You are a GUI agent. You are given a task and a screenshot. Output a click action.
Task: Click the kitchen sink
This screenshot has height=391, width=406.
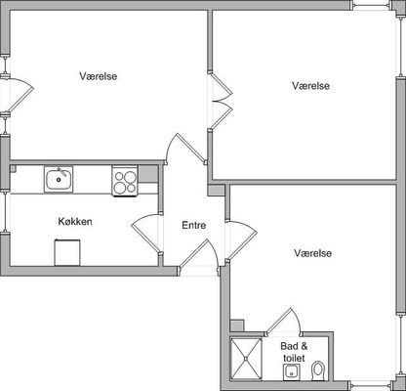click(x=59, y=179)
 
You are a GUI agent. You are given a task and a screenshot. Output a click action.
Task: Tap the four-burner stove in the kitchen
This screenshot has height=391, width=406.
click(x=125, y=181)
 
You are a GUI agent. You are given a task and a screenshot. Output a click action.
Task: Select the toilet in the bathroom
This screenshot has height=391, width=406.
click(x=317, y=370)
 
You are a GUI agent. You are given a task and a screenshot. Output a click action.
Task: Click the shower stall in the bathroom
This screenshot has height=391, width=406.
click(x=246, y=359)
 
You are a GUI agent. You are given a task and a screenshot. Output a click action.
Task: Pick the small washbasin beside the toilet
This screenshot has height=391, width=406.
click(x=291, y=372)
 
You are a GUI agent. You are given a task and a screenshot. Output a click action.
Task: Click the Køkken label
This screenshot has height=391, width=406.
click(x=75, y=222)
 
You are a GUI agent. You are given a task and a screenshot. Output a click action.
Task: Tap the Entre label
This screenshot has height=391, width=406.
click(x=193, y=225)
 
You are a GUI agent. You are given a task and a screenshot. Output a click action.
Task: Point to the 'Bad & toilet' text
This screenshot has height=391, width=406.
click(x=294, y=352)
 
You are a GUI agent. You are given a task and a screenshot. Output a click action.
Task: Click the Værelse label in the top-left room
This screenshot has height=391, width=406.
click(x=99, y=76)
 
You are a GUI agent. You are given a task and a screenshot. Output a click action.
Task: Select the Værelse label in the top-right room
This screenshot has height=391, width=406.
click(x=310, y=86)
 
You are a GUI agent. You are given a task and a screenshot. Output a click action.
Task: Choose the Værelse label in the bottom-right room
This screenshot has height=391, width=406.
click(x=313, y=253)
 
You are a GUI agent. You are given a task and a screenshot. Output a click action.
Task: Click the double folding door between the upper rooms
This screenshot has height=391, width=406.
click(x=222, y=100)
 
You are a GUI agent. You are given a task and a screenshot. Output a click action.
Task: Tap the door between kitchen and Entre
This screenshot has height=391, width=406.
click(x=146, y=234)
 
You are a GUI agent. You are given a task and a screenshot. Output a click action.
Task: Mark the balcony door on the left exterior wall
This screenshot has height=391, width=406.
click(x=18, y=96)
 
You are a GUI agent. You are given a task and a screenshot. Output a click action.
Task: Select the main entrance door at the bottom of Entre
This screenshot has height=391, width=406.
click(x=198, y=255)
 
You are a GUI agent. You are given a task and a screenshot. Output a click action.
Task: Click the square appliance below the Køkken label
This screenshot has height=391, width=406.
click(x=67, y=252)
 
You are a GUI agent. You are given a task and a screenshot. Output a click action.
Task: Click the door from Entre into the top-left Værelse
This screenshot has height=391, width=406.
click(x=185, y=149)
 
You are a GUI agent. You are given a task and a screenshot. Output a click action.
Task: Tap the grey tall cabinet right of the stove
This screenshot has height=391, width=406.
click(x=148, y=174)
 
